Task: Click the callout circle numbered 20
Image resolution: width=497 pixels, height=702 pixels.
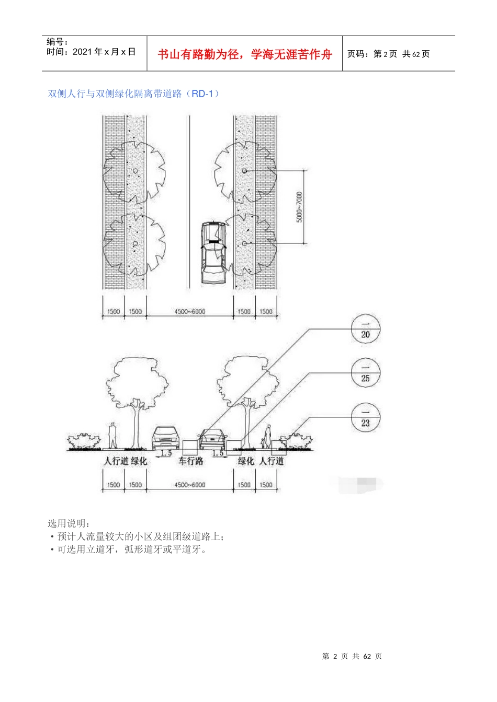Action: pyautogui.click(x=365, y=330)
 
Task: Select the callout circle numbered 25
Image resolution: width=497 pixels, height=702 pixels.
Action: pyautogui.click(x=365, y=373)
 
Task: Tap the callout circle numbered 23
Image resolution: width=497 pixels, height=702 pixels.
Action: pyautogui.click(x=365, y=417)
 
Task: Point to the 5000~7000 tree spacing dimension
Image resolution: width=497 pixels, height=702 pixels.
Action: pyautogui.click(x=299, y=207)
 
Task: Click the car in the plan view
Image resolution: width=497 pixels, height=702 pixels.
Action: pyautogui.click(x=214, y=253)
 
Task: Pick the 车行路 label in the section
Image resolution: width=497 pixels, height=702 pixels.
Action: pyautogui.click(x=190, y=461)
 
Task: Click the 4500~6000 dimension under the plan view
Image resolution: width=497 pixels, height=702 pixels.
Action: pyautogui.click(x=190, y=312)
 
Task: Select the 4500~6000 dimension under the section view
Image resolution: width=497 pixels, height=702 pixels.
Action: pyautogui.click(x=190, y=485)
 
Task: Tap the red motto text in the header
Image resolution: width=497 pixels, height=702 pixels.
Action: pyautogui.click(x=245, y=54)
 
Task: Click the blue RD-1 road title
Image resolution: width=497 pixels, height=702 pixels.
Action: pyautogui.click(x=133, y=94)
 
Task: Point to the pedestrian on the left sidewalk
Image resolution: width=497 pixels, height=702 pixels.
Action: pyautogui.click(x=112, y=435)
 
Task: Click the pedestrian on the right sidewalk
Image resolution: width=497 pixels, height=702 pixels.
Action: pyautogui.click(x=267, y=436)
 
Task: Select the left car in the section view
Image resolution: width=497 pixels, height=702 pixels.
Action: pyautogui.click(x=165, y=438)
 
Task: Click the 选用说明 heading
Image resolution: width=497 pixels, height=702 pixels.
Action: pyautogui.click(x=69, y=523)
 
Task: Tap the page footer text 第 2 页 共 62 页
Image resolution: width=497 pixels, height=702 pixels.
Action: pyautogui.click(x=352, y=656)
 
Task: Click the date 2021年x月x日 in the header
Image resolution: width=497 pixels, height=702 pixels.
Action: pyautogui.click(x=91, y=52)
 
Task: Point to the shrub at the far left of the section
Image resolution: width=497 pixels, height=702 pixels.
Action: pyautogui.click(x=84, y=441)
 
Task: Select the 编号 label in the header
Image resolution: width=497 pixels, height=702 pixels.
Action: pyautogui.click(x=57, y=42)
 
